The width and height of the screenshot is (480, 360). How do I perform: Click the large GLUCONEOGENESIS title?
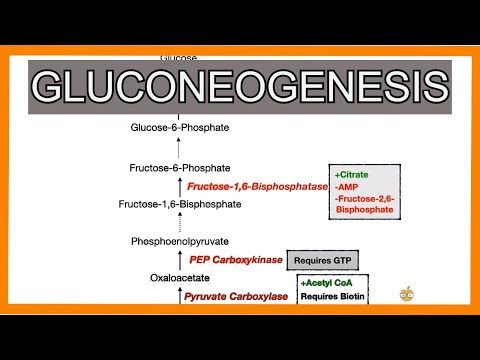pyautogui.click(x=239, y=86)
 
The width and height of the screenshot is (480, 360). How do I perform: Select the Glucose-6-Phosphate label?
pyautogui.click(x=180, y=127)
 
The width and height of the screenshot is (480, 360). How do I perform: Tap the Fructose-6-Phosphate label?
pyautogui.click(x=180, y=167)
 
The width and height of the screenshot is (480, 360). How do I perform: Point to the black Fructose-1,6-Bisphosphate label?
pyautogui.click(x=180, y=205)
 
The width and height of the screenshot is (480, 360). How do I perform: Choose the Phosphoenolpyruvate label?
pyautogui.click(x=180, y=242)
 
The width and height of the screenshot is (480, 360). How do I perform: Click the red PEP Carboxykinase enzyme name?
pyautogui.click(x=231, y=260)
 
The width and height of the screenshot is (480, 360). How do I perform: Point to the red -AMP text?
pyautogui.click(x=346, y=186)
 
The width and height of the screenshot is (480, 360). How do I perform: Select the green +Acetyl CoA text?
pyautogui.click(x=327, y=284)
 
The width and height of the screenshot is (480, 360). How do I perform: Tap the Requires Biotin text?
pyautogui.click(x=333, y=296)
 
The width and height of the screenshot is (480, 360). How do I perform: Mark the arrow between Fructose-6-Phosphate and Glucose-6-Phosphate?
pyautogui.click(x=180, y=147)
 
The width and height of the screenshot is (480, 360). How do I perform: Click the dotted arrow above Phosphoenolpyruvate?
pyautogui.click(x=180, y=224)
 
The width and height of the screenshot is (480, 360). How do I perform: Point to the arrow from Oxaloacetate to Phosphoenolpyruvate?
pyautogui.click(x=180, y=260)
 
